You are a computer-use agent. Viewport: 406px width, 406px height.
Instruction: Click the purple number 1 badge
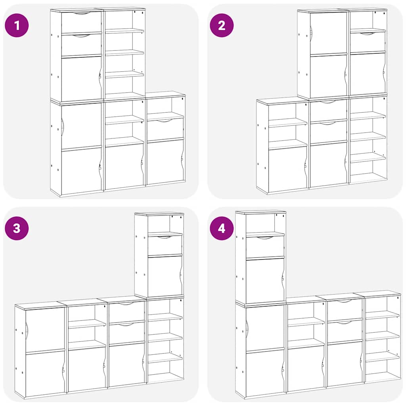[17, 25]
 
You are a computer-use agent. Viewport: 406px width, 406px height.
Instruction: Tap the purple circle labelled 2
[222, 25]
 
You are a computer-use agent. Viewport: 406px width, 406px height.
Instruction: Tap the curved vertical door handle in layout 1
[62, 127]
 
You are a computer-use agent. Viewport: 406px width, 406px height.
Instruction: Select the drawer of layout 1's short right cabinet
[165, 129]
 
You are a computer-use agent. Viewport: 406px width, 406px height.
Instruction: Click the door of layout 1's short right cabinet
[165, 162]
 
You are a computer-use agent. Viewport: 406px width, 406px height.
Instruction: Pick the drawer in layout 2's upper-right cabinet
[368, 42]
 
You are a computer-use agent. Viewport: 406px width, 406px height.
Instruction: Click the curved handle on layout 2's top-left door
[312, 33]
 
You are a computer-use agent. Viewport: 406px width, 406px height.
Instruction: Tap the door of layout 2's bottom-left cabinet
[287, 168]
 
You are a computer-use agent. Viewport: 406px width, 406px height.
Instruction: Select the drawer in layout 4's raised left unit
[264, 247]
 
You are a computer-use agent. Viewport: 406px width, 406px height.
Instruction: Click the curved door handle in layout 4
[247, 327]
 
